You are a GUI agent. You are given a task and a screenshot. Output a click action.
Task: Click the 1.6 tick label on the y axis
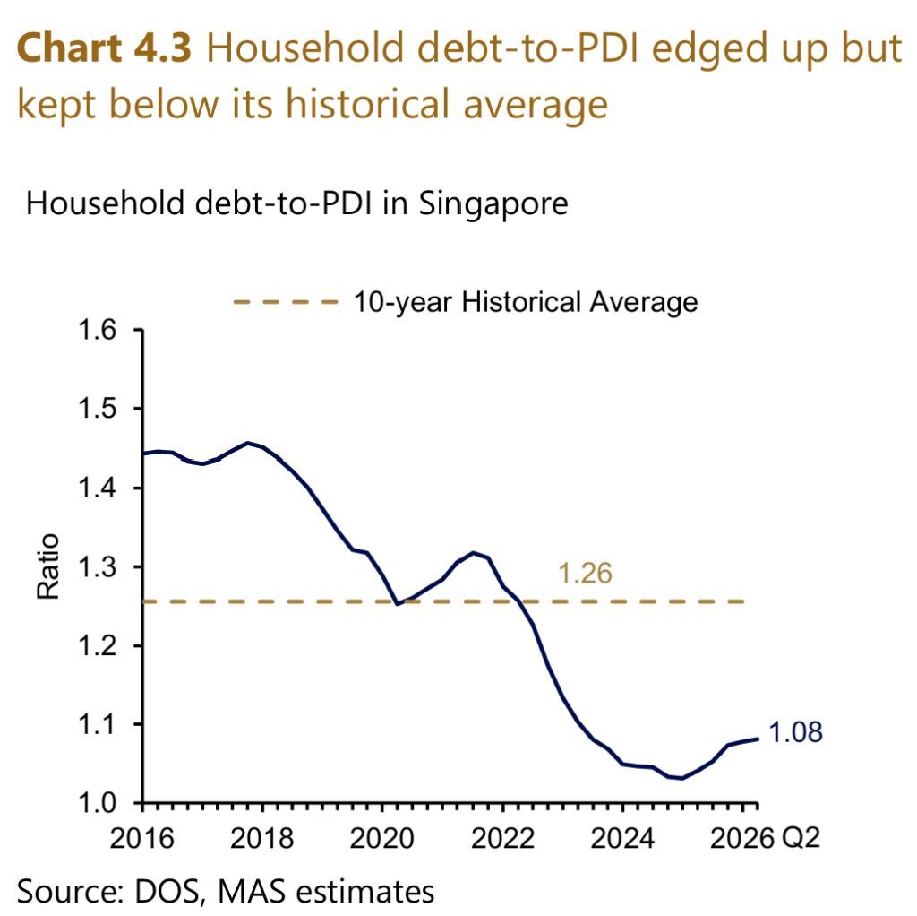pyautogui.click(x=97, y=331)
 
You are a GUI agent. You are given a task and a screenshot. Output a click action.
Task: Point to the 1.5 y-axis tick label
pyautogui.click(x=97, y=409)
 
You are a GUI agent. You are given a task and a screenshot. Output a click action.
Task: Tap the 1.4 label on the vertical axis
pyautogui.click(x=97, y=488)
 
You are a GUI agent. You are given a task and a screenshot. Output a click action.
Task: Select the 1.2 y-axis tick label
pyautogui.click(x=97, y=645)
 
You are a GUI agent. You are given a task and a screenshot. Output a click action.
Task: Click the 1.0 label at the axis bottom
pyautogui.click(x=97, y=803)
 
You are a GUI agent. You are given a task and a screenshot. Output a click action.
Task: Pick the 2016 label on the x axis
pyautogui.click(x=142, y=838)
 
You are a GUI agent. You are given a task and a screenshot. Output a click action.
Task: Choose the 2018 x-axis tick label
pyautogui.click(x=262, y=838)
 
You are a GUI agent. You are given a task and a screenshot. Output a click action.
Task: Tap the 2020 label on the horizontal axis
pyautogui.click(x=381, y=838)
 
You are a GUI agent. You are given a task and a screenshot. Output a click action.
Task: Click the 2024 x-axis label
pyautogui.click(x=622, y=838)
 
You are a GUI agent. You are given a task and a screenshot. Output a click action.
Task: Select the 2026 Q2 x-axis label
pyautogui.click(x=765, y=838)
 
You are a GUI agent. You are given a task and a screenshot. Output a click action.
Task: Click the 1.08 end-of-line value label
pyautogui.click(x=795, y=732)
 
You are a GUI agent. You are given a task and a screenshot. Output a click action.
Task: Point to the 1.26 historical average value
pyautogui.click(x=585, y=573)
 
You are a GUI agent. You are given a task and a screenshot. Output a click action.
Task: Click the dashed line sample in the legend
pyautogui.click(x=286, y=302)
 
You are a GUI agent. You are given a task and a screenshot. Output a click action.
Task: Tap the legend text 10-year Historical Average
pyautogui.click(x=526, y=303)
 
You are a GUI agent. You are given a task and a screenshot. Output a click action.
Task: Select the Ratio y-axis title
pyautogui.click(x=48, y=566)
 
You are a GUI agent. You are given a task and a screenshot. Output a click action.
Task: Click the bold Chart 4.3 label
pyautogui.click(x=104, y=48)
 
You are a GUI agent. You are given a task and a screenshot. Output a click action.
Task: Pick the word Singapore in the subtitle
pyautogui.click(x=493, y=205)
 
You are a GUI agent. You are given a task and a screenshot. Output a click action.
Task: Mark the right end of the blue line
pyautogui.click(x=758, y=739)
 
